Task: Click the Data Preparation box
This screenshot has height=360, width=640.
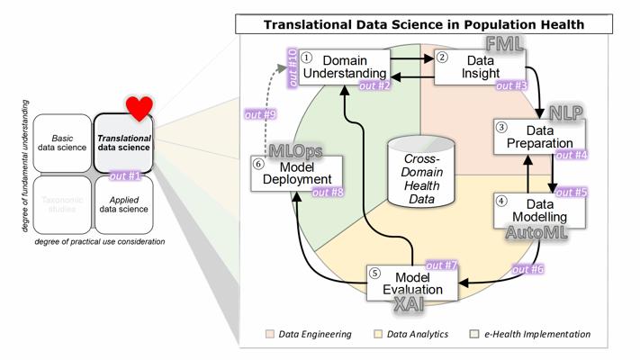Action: coord(538,137)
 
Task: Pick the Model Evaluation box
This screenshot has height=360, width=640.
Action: coord(412,282)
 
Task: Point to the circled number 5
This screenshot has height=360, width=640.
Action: coord(376,274)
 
